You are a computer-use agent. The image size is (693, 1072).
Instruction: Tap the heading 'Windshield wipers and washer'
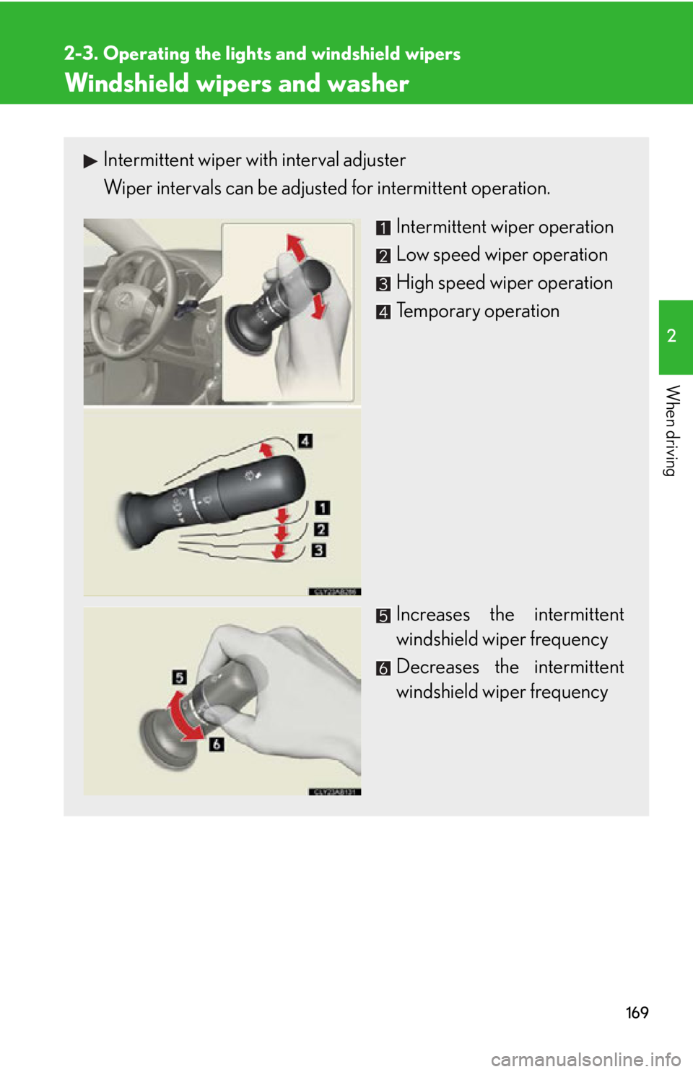tap(237, 83)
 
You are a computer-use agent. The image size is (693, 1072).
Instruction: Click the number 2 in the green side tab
tap(672, 336)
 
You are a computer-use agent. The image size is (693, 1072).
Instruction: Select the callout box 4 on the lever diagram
tap(305, 441)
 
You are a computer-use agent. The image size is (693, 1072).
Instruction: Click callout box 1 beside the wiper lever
tap(323, 507)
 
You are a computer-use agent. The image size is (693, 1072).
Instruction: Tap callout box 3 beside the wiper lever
tap(319, 550)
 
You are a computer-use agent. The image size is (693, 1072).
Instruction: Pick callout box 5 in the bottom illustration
tap(179, 677)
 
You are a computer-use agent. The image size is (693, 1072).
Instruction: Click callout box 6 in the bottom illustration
tap(216, 744)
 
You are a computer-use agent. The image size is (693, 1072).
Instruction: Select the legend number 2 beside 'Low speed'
tap(383, 256)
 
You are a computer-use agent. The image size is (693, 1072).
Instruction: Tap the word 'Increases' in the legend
tap(433, 615)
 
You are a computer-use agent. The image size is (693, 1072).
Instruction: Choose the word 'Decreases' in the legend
tap(437, 667)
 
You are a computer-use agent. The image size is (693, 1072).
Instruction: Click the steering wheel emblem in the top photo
tap(123, 301)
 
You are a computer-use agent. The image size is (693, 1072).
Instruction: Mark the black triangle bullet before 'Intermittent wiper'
tap(90, 161)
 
